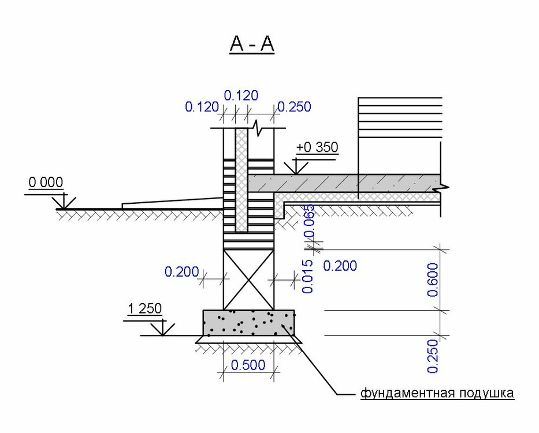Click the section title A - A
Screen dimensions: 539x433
(x=252, y=44)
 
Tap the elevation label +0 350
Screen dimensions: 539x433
(x=317, y=147)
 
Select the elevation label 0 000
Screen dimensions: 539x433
(x=46, y=182)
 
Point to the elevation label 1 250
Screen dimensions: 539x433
(x=144, y=309)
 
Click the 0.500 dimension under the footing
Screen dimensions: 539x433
(x=248, y=365)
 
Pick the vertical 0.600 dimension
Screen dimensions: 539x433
(x=433, y=280)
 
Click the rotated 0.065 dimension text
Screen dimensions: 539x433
(x=309, y=221)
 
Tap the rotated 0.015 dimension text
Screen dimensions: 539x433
(x=308, y=277)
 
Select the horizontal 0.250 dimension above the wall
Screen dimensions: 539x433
(x=294, y=107)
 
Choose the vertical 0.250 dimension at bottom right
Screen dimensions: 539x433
(x=433, y=356)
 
